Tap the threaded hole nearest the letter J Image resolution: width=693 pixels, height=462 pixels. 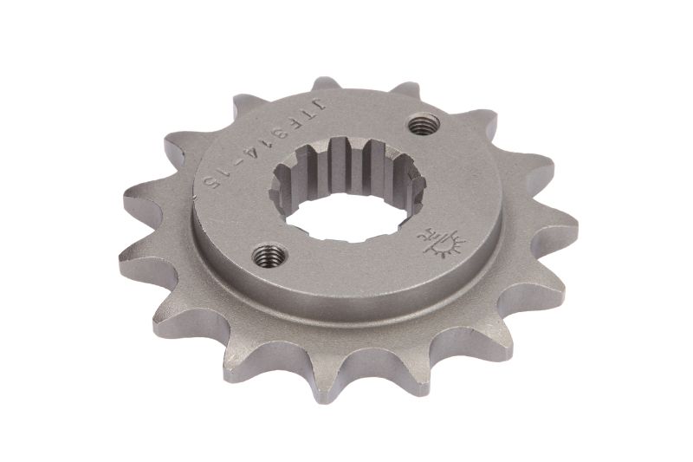click(x=421, y=125)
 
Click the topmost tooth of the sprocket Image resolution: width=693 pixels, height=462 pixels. click(x=324, y=87)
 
